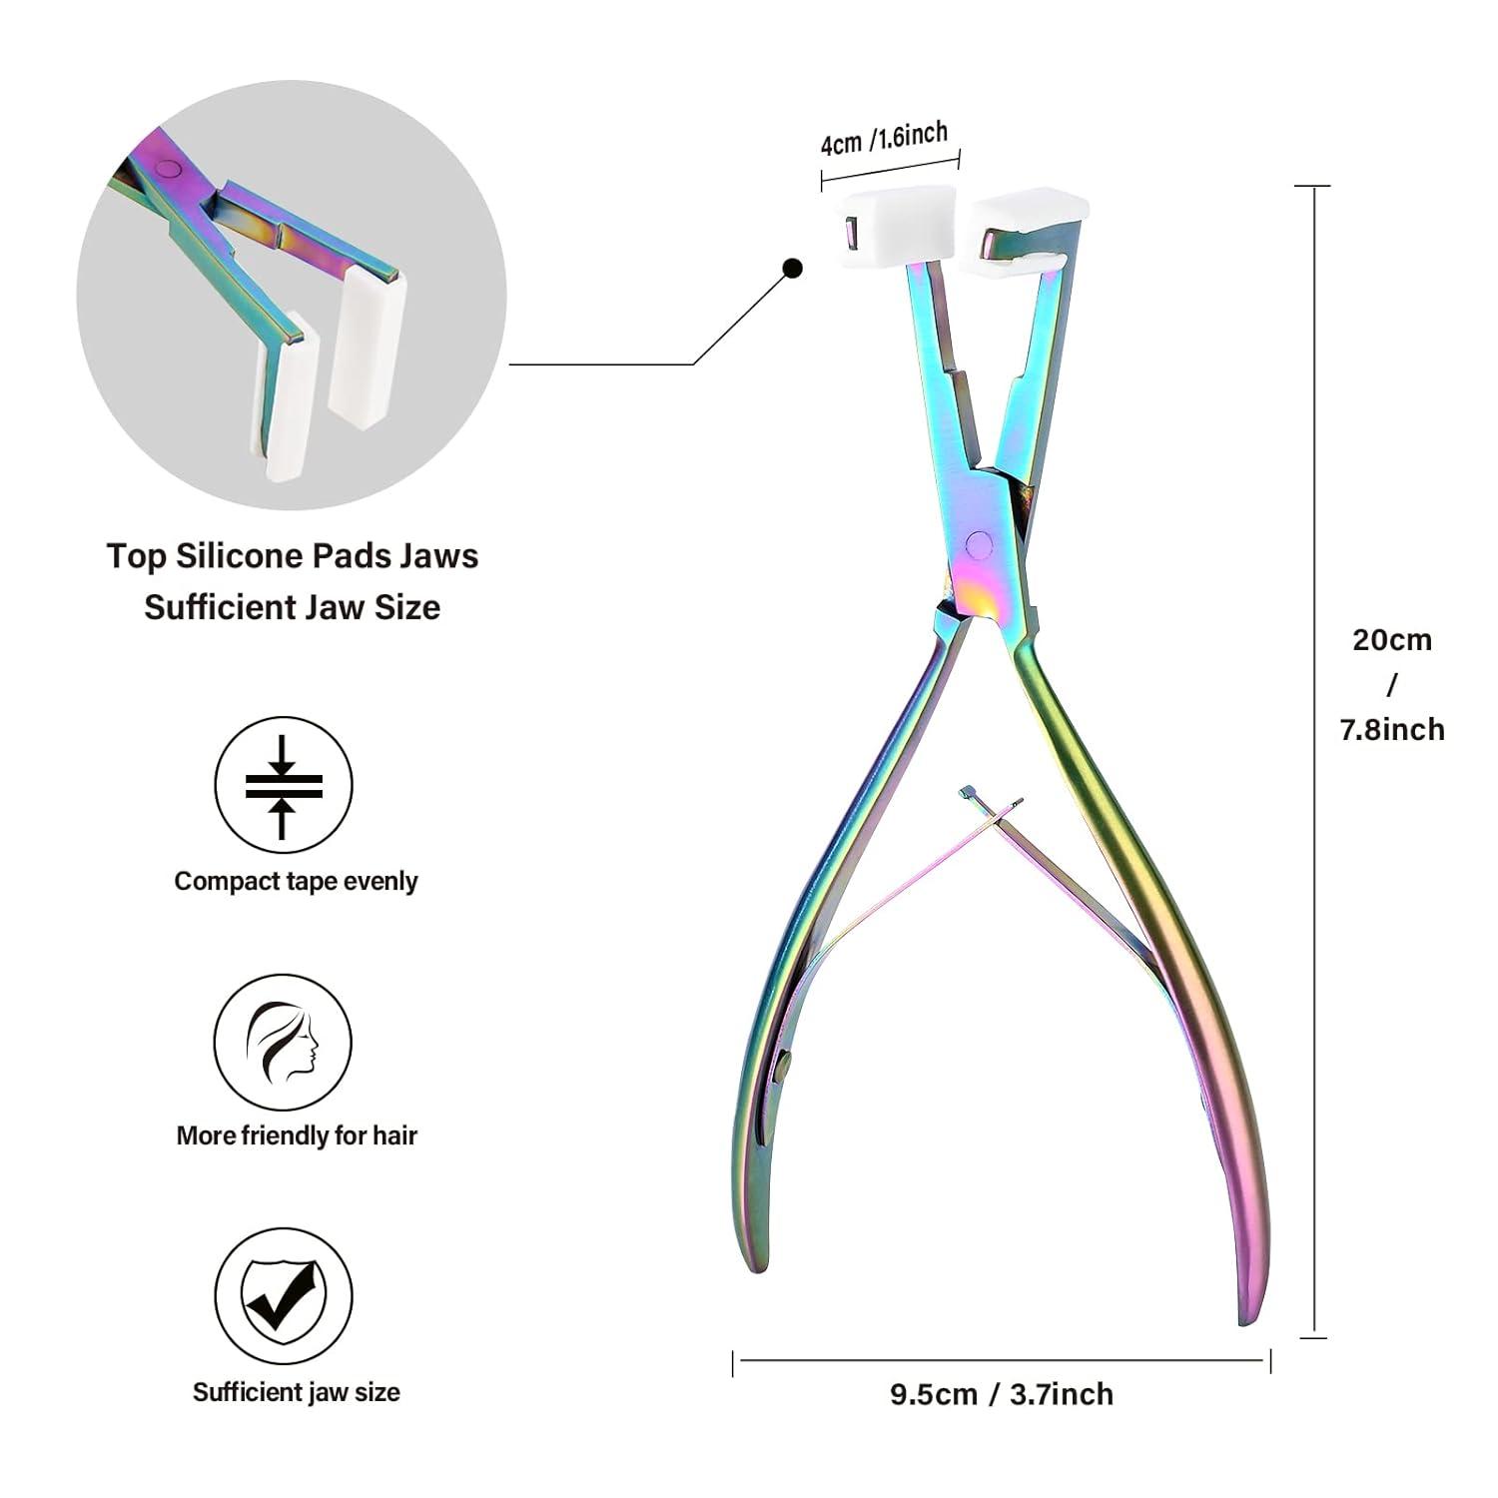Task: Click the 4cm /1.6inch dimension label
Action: coord(884,138)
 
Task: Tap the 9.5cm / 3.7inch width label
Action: coord(1001,1394)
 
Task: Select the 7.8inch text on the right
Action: coord(1391,729)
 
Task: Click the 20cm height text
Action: coord(1391,639)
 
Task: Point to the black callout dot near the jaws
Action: coord(793,268)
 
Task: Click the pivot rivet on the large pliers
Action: coord(980,543)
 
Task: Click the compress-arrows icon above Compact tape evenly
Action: coord(284,786)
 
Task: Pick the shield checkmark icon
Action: coord(284,1297)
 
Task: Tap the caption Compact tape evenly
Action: coord(296,881)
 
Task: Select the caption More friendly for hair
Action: coord(296,1135)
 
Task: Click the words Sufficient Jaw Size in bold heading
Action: coord(292,607)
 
